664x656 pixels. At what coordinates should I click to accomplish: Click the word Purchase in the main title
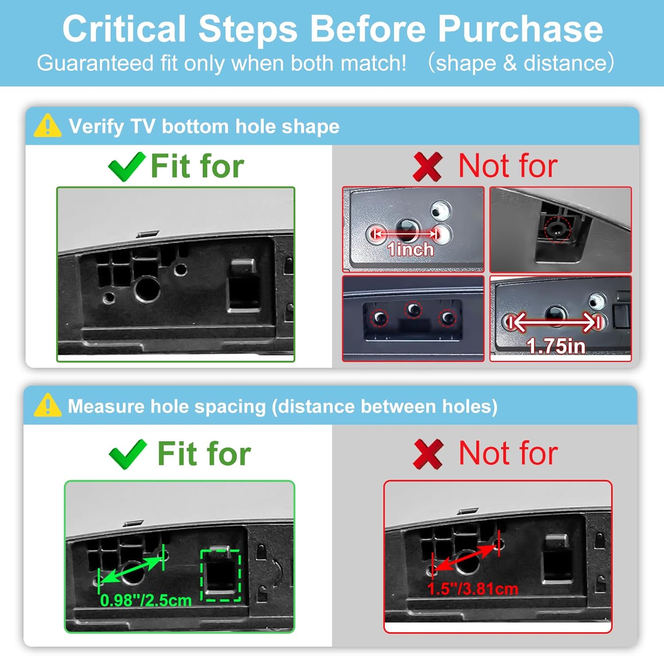pyautogui.click(x=520, y=29)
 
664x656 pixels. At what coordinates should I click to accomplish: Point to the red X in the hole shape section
pyautogui.click(x=427, y=167)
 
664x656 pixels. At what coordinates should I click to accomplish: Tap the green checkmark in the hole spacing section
pyautogui.click(x=127, y=454)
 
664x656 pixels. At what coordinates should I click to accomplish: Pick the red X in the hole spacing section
pyautogui.click(x=428, y=454)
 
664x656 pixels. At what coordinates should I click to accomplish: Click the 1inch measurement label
pyautogui.click(x=410, y=249)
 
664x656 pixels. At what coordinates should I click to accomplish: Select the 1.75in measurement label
pyautogui.click(x=556, y=346)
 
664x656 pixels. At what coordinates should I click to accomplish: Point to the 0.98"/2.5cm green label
pyautogui.click(x=146, y=600)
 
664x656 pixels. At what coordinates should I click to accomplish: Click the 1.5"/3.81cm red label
pyautogui.click(x=473, y=589)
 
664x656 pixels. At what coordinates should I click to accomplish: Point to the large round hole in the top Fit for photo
pyautogui.click(x=147, y=289)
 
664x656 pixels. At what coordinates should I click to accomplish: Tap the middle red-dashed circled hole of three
pyautogui.click(x=413, y=309)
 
